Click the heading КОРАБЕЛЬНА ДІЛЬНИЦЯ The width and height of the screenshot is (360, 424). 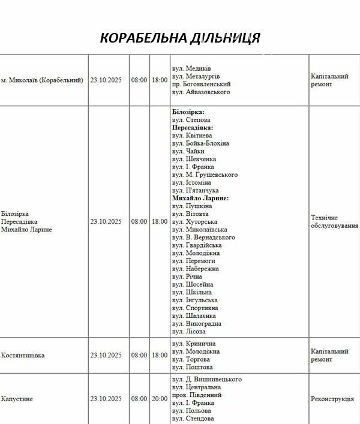180,38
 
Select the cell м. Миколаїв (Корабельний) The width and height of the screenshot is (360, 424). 42,80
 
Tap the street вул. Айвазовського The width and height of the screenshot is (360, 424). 200,92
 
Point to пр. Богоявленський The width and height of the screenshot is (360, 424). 201,85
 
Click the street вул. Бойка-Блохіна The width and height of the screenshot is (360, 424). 200,143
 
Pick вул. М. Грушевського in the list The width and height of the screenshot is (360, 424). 205,175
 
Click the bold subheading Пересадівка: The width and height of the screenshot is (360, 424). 193,128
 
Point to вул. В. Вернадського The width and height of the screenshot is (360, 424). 203,237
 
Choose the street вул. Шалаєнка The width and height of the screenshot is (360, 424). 194,315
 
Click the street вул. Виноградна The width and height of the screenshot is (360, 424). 196,323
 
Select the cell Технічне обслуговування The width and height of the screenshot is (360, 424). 334,221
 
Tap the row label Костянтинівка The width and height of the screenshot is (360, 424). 23,355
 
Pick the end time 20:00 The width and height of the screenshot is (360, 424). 160,398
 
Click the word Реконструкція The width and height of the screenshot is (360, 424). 334,398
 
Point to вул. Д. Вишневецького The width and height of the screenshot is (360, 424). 206,379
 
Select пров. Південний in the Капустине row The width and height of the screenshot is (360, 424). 197,395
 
